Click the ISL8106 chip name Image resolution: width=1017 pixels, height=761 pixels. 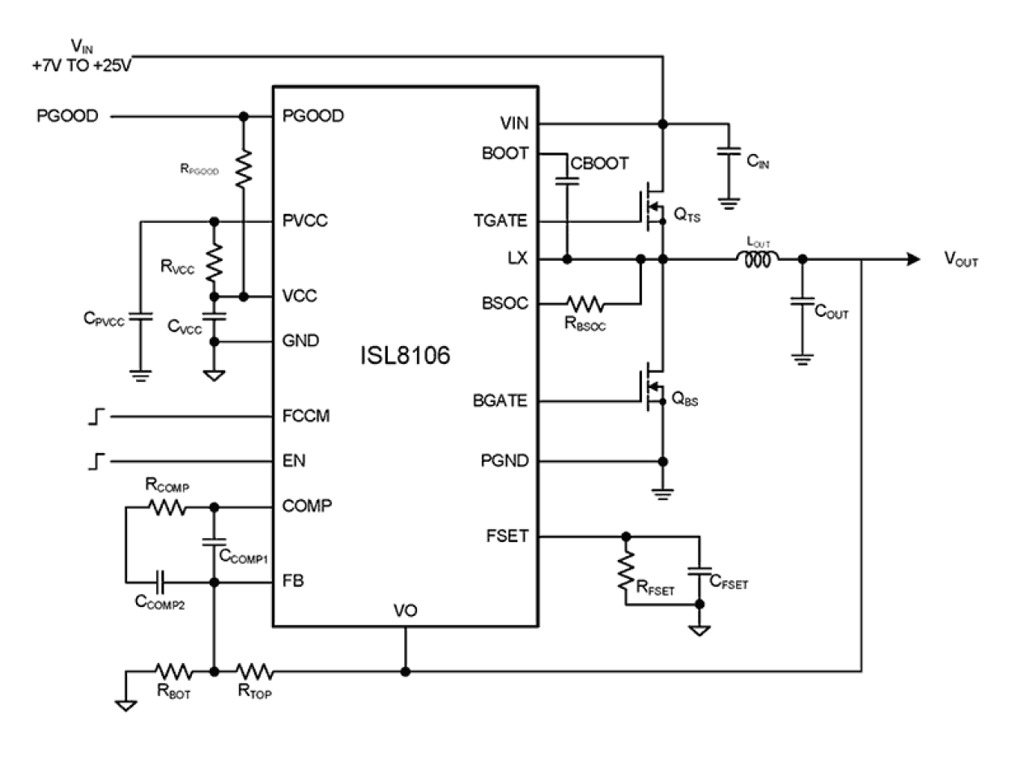click(x=405, y=356)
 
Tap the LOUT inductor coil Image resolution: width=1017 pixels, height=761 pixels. click(x=757, y=259)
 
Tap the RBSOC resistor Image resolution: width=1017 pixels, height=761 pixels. click(x=585, y=304)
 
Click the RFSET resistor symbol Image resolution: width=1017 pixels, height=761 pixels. click(x=625, y=572)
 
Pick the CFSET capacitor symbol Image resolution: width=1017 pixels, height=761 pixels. click(x=697, y=571)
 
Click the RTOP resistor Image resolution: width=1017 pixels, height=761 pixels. click(x=254, y=671)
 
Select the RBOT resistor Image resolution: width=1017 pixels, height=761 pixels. click(x=173, y=671)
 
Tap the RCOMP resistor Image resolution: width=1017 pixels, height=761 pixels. click(x=168, y=508)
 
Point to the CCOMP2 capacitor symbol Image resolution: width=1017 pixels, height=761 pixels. click(x=161, y=582)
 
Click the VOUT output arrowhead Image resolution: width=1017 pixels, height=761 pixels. click(x=913, y=259)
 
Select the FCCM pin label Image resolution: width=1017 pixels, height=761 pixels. click(x=305, y=417)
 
